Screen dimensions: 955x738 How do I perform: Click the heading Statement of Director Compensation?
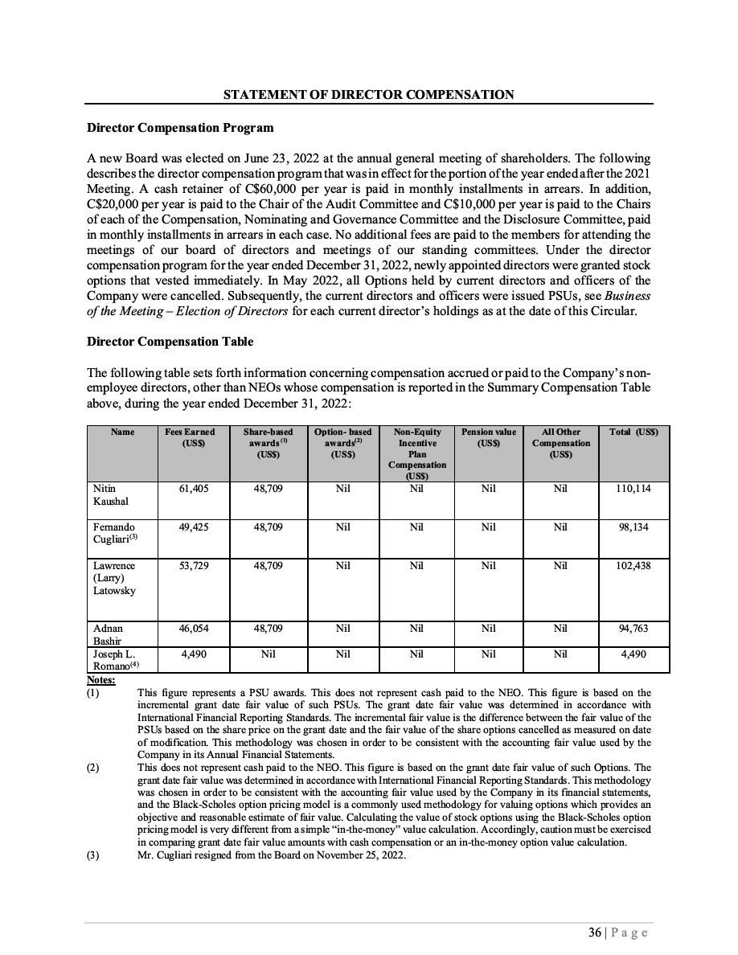coord(369,95)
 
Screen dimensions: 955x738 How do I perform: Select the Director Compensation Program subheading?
coord(180,128)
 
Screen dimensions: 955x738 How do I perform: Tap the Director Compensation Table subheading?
coord(170,342)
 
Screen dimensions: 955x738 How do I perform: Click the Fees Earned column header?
coord(190,437)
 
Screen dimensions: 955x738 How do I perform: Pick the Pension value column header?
coord(488,437)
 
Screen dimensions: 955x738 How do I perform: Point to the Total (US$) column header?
coord(633,432)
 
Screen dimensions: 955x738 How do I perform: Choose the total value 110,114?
coord(633,488)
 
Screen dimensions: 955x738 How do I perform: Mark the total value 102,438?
coord(633,566)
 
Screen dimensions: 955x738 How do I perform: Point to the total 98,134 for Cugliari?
coord(633,527)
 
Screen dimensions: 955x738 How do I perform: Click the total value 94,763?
coord(633,629)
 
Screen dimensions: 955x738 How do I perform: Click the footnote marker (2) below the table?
coord(94,768)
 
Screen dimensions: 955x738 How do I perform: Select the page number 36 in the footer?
coord(595,932)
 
